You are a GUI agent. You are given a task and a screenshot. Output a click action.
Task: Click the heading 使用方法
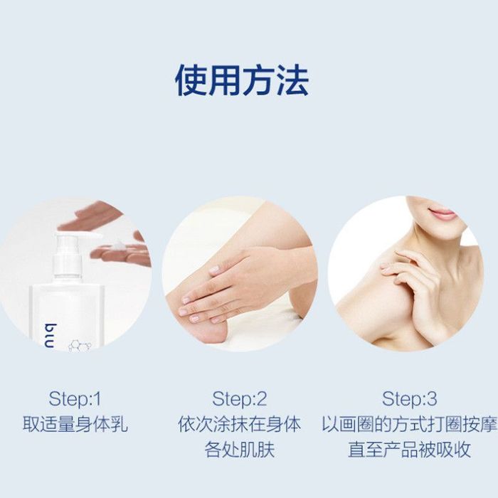(242, 80)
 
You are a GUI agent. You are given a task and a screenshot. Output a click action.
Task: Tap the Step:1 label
(75, 399)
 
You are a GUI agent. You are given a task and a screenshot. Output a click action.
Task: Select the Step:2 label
(240, 399)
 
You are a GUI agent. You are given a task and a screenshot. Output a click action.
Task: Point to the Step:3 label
(409, 399)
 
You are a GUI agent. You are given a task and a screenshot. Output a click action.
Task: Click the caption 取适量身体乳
(75, 424)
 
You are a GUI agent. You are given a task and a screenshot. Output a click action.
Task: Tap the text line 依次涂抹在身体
(240, 424)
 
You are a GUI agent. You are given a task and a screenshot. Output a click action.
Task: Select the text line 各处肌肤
(240, 450)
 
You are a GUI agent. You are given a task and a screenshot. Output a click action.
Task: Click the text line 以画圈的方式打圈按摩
(409, 424)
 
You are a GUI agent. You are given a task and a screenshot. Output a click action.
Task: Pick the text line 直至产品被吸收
(409, 450)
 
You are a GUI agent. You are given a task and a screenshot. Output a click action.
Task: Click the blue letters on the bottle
(51, 336)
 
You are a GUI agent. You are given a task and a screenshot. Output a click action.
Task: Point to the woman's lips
(443, 213)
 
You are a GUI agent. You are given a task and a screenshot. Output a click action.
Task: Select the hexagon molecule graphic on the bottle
(80, 346)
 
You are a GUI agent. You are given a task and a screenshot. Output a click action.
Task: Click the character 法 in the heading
(293, 80)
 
